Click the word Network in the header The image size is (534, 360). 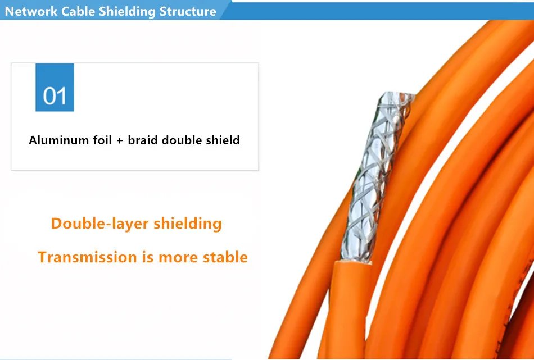click(31, 11)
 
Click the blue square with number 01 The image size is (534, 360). click(55, 88)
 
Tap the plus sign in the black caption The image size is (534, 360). click(120, 140)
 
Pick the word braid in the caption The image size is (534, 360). click(143, 140)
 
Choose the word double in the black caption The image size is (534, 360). click(182, 140)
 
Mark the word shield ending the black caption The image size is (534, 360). click(223, 140)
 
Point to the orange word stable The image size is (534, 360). click(225, 257)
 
